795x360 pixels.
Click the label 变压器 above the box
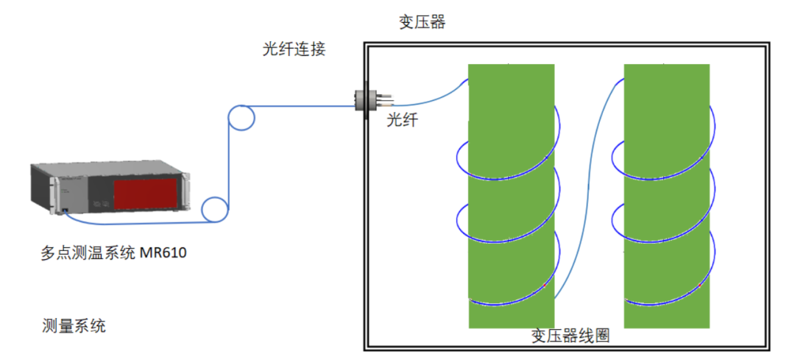(x=422, y=23)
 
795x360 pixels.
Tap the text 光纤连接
(x=294, y=50)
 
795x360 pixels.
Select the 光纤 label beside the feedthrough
(x=403, y=120)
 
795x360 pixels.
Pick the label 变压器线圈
(x=570, y=336)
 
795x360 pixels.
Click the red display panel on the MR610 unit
(x=145, y=194)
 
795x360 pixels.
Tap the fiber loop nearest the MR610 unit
(x=215, y=210)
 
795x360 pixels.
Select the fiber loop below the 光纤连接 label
(x=240, y=117)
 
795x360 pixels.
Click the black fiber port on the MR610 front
(x=66, y=212)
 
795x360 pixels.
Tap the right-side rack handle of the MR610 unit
(x=187, y=193)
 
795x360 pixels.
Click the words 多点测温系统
(x=88, y=254)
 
